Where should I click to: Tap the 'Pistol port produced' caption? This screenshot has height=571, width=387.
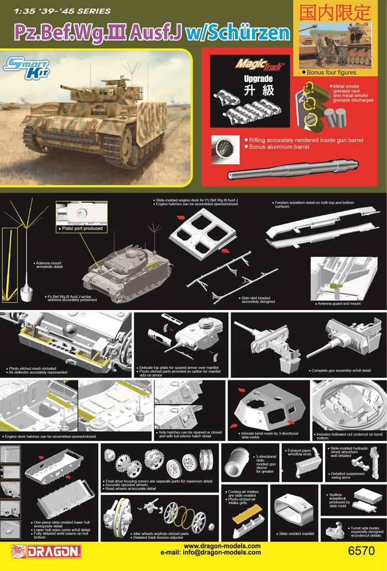coord(81,228)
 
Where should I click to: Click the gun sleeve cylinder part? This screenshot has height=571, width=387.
coord(238,465)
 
